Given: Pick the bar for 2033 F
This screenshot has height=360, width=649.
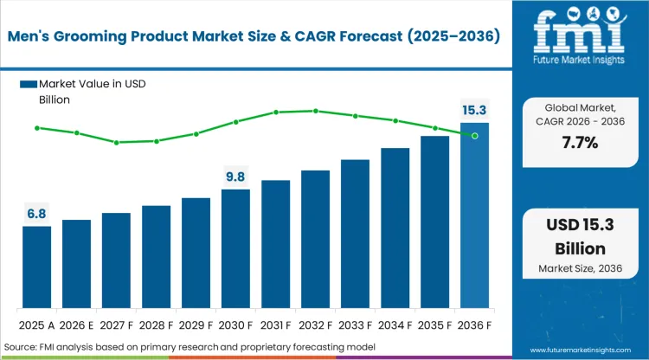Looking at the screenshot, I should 355,234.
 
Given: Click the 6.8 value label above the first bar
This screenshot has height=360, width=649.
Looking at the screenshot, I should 36,213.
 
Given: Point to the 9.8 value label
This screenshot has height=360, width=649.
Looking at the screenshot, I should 235,177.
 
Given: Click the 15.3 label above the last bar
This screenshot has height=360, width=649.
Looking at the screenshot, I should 474,110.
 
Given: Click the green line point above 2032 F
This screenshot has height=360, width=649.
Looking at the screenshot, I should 315,111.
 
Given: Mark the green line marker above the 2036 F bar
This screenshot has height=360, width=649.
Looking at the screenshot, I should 474,136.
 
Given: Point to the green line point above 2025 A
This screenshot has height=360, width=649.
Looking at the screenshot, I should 36,128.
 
